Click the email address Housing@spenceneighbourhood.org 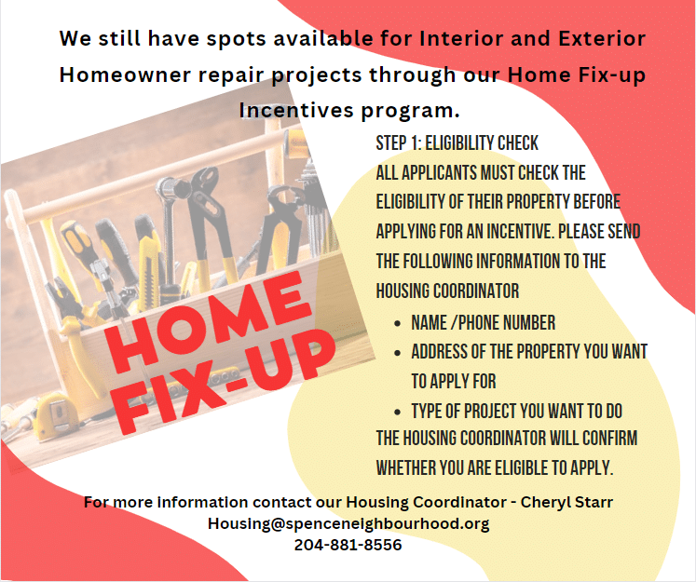click(x=348, y=523)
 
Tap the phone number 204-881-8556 click(x=348, y=545)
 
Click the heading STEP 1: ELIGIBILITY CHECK click(x=457, y=142)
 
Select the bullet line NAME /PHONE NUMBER click(x=483, y=323)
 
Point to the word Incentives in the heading click(x=295, y=111)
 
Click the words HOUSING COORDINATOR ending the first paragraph click(x=447, y=290)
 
